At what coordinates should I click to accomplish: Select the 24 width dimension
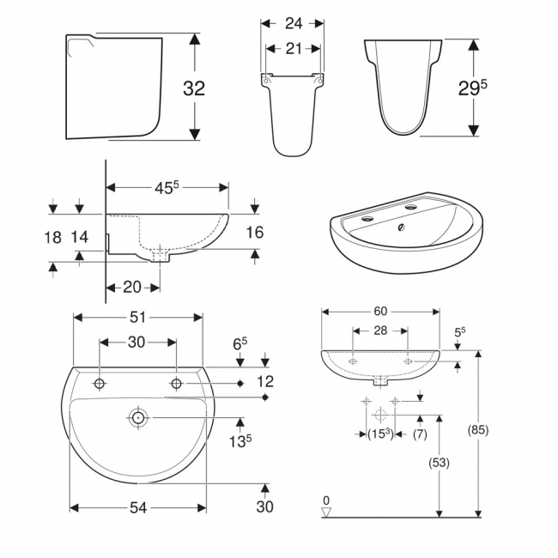293,24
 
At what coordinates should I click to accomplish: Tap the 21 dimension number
293,49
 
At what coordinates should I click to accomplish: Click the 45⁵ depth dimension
168,187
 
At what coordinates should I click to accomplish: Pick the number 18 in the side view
52,238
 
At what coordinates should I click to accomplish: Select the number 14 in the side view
80,238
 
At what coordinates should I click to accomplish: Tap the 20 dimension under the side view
132,287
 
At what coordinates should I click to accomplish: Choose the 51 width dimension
137,317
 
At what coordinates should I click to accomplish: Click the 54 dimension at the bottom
137,507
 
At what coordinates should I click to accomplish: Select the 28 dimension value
379,331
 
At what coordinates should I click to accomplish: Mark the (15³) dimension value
379,434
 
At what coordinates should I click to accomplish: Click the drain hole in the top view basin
138,418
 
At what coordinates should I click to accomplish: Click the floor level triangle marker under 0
325,513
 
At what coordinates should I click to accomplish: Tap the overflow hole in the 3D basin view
399,228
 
